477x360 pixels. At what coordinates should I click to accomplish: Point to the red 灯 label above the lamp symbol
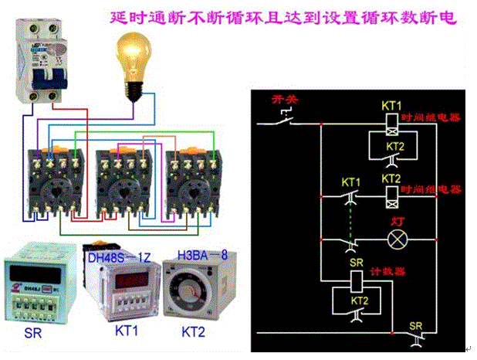pyautogui.click(x=398, y=219)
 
